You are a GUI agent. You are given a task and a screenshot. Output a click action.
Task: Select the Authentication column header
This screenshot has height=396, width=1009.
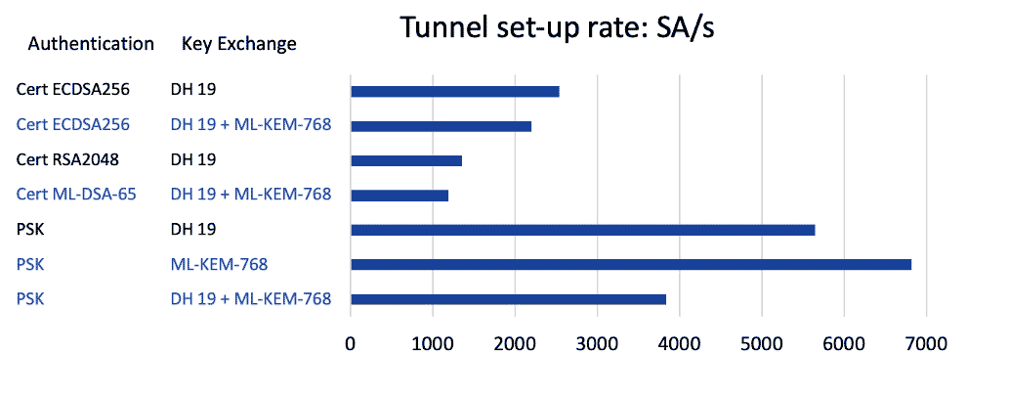coord(91,44)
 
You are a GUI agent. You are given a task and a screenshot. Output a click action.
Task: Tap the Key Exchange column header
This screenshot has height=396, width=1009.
coord(239,44)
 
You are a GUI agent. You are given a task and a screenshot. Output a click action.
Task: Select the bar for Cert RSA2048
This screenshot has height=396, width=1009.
coord(405,160)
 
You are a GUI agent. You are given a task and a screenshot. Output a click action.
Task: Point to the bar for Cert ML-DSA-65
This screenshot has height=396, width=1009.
coord(399,195)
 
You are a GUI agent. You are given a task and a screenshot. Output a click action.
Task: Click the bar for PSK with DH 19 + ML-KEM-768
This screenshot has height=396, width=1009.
coord(508,299)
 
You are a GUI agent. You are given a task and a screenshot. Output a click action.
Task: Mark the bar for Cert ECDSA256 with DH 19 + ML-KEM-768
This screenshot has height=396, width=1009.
coord(441,126)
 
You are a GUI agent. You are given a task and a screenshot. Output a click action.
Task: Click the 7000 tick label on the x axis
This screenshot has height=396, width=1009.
coord(925,345)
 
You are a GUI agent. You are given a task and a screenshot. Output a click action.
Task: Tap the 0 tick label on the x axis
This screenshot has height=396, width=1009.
coord(351,345)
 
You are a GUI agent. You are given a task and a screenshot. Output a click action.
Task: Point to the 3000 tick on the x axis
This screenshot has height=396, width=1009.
coord(597,345)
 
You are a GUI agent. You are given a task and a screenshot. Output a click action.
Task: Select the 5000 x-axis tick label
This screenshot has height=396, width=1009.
coord(761,345)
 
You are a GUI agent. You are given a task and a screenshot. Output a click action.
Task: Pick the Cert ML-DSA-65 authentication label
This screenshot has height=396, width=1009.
coord(76,194)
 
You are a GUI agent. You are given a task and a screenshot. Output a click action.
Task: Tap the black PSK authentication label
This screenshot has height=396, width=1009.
coord(30,229)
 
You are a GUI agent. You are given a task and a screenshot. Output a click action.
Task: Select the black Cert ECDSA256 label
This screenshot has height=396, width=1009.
coord(73,90)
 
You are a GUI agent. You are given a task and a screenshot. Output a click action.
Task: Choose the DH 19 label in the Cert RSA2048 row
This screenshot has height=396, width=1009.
coord(192,159)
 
